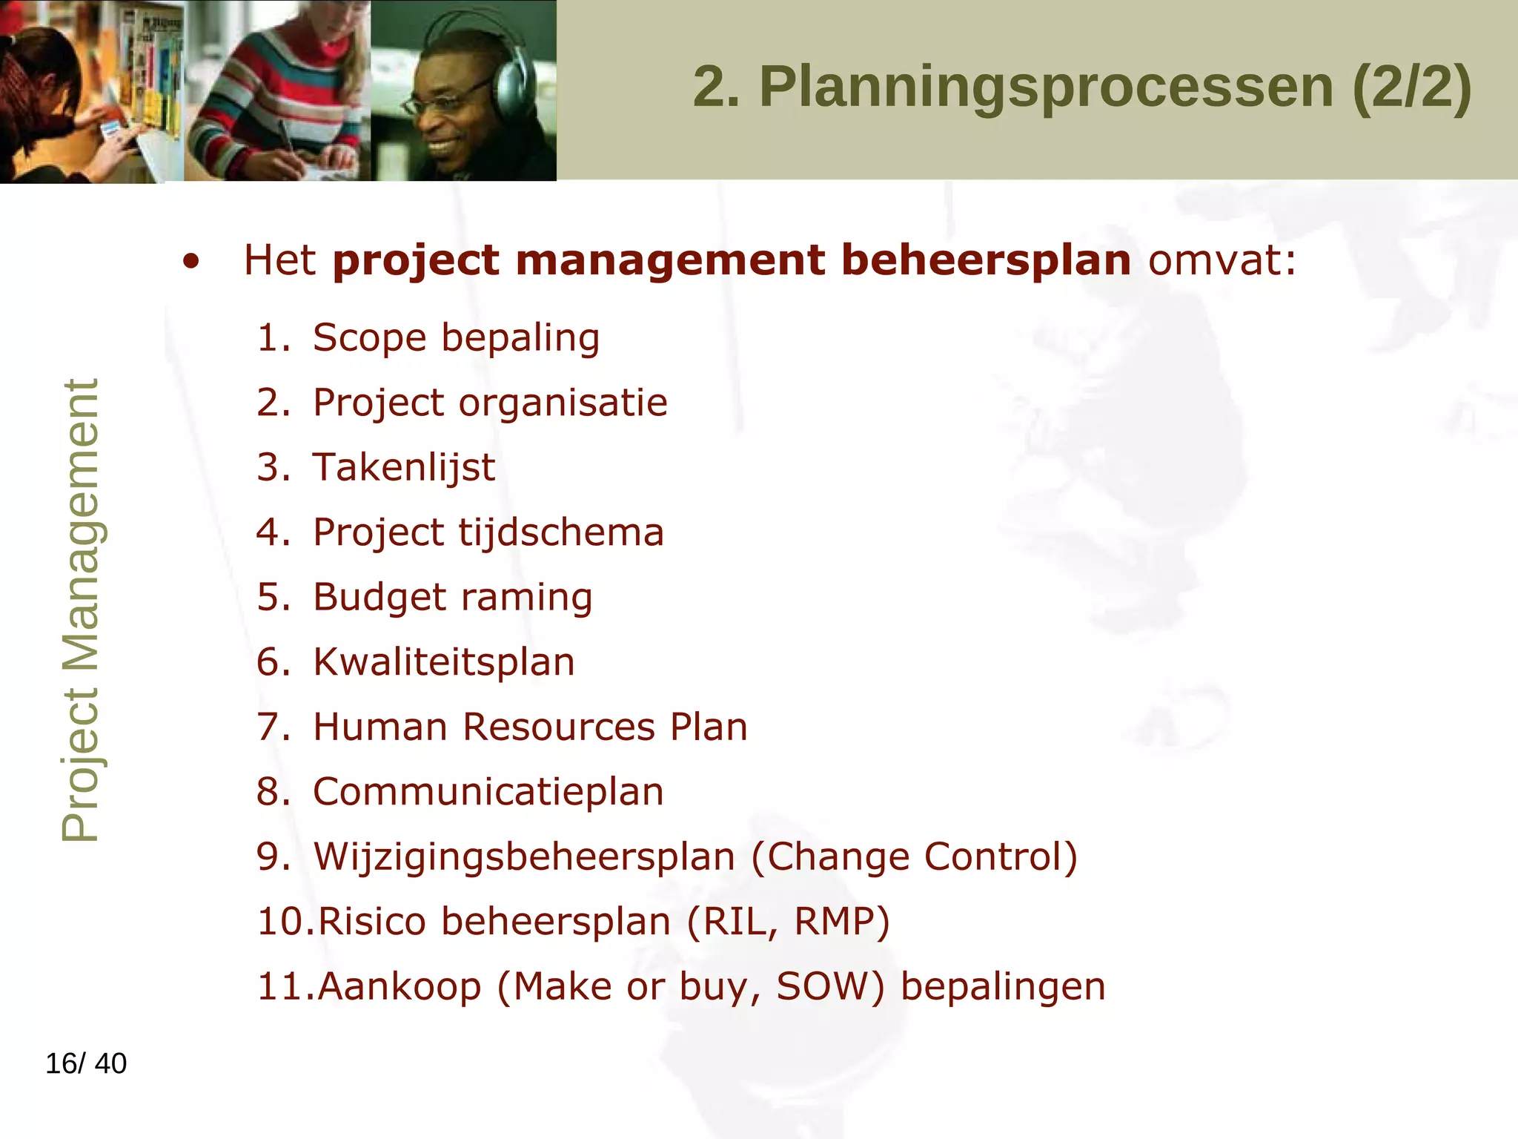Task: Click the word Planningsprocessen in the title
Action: [x=1045, y=88]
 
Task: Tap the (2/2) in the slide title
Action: [x=1411, y=88]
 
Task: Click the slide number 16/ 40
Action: [x=86, y=1063]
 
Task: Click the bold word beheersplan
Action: [x=986, y=260]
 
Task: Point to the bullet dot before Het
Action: [x=191, y=263]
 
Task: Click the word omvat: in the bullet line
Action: [x=1222, y=260]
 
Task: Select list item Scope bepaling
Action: [x=456, y=338]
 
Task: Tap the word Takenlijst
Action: [x=404, y=468]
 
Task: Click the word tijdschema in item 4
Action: [x=561, y=532]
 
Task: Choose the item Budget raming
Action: [x=452, y=598]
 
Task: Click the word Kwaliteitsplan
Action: [x=443, y=662]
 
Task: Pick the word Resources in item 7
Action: [x=559, y=727]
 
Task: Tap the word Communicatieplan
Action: [x=488, y=792]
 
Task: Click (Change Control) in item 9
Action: [x=915, y=856]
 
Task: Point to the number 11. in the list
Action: [x=285, y=986]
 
